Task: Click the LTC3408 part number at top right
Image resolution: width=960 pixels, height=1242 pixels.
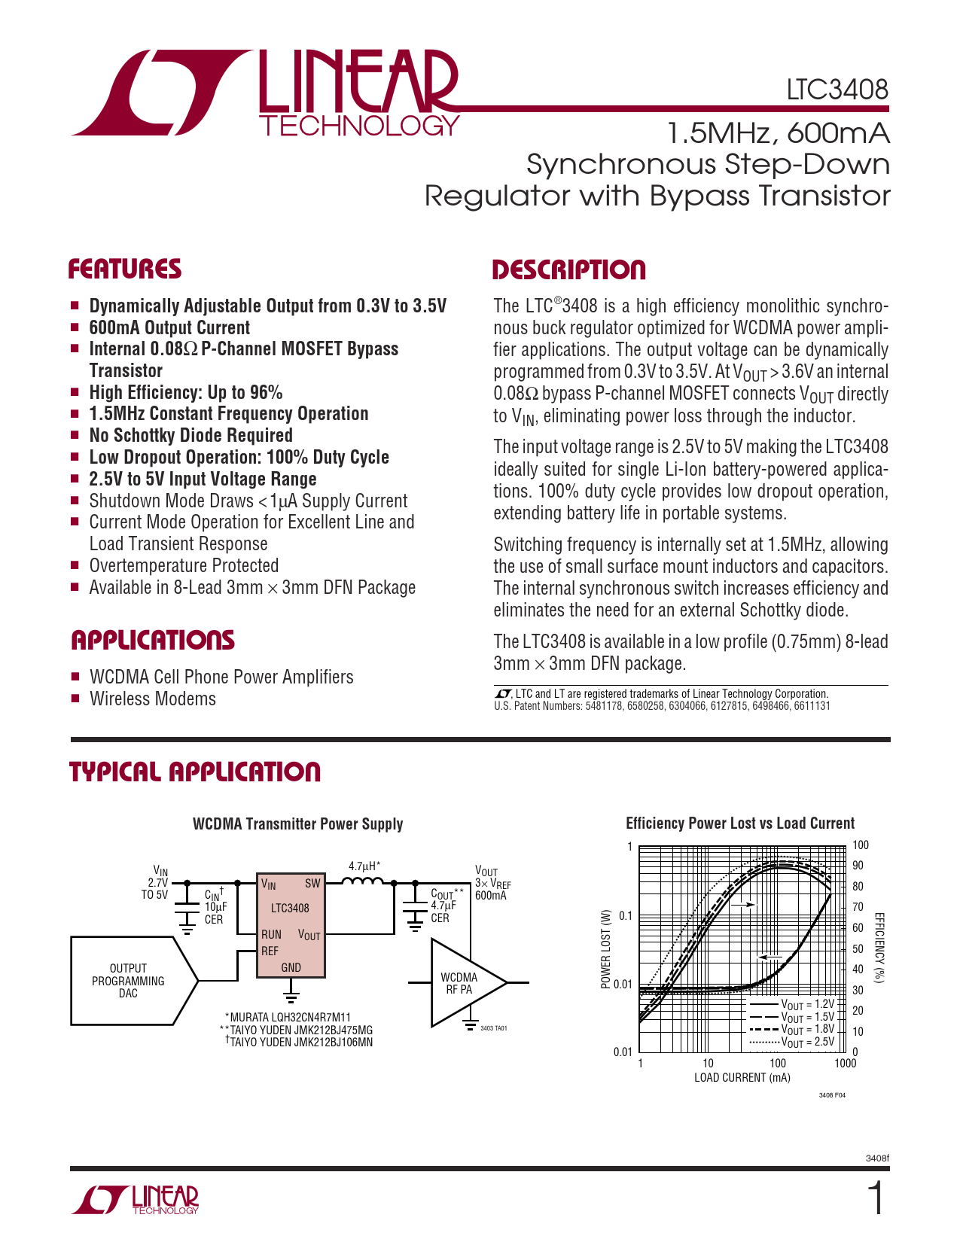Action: click(x=837, y=90)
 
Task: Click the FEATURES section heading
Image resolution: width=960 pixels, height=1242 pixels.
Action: click(x=125, y=269)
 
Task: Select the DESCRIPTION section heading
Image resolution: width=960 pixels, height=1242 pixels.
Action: click(x=569, y=270)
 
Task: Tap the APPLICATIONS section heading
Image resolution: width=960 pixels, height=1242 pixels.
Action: click(x=153, y=641)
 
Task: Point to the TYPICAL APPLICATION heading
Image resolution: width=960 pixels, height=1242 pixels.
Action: click(x=195, y=772)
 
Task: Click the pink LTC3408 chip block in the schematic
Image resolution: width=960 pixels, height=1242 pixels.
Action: click(x=290, y=925)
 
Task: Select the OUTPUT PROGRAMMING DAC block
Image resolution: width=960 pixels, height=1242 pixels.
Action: click(x=129, y=981)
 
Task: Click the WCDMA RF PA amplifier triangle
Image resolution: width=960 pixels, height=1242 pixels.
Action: click(x=460, y=983)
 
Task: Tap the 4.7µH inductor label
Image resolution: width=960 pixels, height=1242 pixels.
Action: click(x=364, y=866)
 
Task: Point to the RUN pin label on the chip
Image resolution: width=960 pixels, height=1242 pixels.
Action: click(x=271, y=934)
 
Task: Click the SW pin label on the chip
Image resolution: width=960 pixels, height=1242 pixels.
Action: click(x=312, y=884)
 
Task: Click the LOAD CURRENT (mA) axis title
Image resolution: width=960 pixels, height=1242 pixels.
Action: click(x=742, y=1078)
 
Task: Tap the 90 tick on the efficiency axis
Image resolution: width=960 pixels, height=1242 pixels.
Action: click(x=858, y=866)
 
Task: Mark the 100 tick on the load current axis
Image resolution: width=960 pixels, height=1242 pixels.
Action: click(x=777, y=1064)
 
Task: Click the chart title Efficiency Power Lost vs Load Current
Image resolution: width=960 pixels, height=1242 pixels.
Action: click(x=740, y=823)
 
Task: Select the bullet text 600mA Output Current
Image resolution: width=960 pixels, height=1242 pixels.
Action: click(x=169, y=328)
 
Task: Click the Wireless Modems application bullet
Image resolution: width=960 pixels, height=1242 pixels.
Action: click(x=153, y=699)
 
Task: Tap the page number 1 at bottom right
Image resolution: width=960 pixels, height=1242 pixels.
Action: click(x=876, y=1199)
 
